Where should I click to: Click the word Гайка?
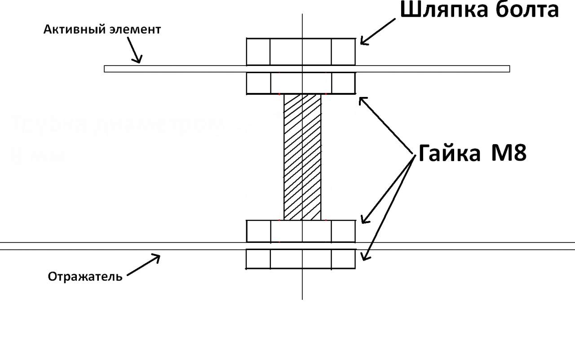point(450,154)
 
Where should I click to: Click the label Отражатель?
point(85,276)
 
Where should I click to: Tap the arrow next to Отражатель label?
point(144,265)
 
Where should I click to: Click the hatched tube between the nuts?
point(302,157)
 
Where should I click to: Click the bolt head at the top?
point(301,52)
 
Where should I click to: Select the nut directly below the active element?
point(301,83)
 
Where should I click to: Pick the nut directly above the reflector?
point(301,231)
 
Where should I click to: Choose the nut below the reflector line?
point(301,259)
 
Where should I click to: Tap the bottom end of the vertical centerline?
point(302,298)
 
